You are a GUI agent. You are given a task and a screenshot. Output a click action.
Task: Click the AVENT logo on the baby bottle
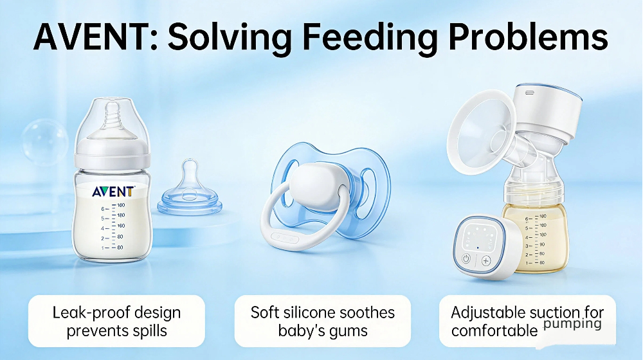click(113, 191)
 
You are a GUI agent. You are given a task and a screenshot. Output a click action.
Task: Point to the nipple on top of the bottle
click(113, 122)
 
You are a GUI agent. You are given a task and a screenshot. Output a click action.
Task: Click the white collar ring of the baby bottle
click(113, 158)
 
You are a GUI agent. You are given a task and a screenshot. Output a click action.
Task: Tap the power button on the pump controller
click(466, 260)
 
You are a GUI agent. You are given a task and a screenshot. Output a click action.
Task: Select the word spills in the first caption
click(148, 331)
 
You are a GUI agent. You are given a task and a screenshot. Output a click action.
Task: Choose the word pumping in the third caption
click(572, 324)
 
